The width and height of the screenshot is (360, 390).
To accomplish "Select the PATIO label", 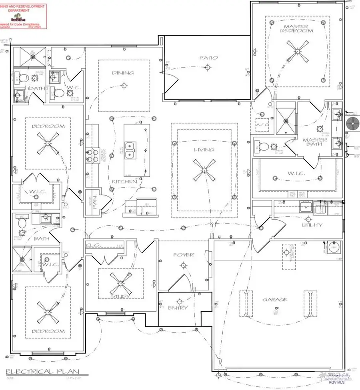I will (208, 58).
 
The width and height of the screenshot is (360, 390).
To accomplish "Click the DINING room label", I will (124, 73).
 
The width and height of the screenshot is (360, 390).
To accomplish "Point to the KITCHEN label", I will (125, 182).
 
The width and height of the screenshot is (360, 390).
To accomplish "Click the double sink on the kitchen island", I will (130, 151).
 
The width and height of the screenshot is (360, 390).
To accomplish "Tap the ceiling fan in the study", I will (120, 285).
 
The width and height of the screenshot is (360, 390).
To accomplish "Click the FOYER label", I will (183, 255).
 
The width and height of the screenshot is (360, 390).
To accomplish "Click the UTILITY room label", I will (312, 225).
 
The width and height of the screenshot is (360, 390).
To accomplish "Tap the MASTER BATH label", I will (315, 143).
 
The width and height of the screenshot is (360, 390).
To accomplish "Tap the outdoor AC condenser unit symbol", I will (353, 121).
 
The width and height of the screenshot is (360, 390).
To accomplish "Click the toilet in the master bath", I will (260, 146).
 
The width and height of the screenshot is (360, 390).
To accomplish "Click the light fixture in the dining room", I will (124, 85).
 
